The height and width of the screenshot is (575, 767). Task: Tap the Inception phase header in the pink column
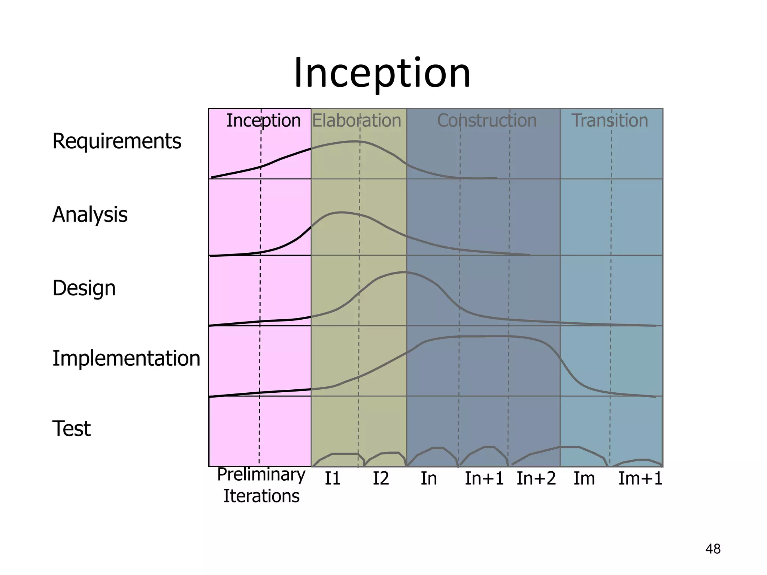[263, 121]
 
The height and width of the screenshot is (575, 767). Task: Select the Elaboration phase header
[357, 121]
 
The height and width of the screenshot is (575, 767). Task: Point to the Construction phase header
[487, 121]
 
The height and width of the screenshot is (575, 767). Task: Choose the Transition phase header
[610, 121]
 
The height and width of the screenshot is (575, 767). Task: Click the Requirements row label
[116, 142]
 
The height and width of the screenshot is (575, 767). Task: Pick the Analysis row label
[90, 215]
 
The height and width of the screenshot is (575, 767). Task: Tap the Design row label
[84, 288]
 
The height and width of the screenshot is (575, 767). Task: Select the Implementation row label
[126, 358]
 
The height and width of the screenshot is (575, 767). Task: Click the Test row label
[71, 429]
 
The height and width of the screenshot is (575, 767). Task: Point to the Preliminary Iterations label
[261, 485]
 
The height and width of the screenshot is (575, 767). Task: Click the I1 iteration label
[332, 479]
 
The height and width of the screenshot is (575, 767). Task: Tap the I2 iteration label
[381, 479]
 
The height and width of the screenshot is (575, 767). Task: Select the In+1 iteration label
[484, 479]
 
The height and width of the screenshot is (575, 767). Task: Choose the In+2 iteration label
[536, 479]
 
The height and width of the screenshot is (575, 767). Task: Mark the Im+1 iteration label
[640, 479]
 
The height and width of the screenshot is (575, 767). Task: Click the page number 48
[713, 549]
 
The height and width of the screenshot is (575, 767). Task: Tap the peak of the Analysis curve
[341, 212]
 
